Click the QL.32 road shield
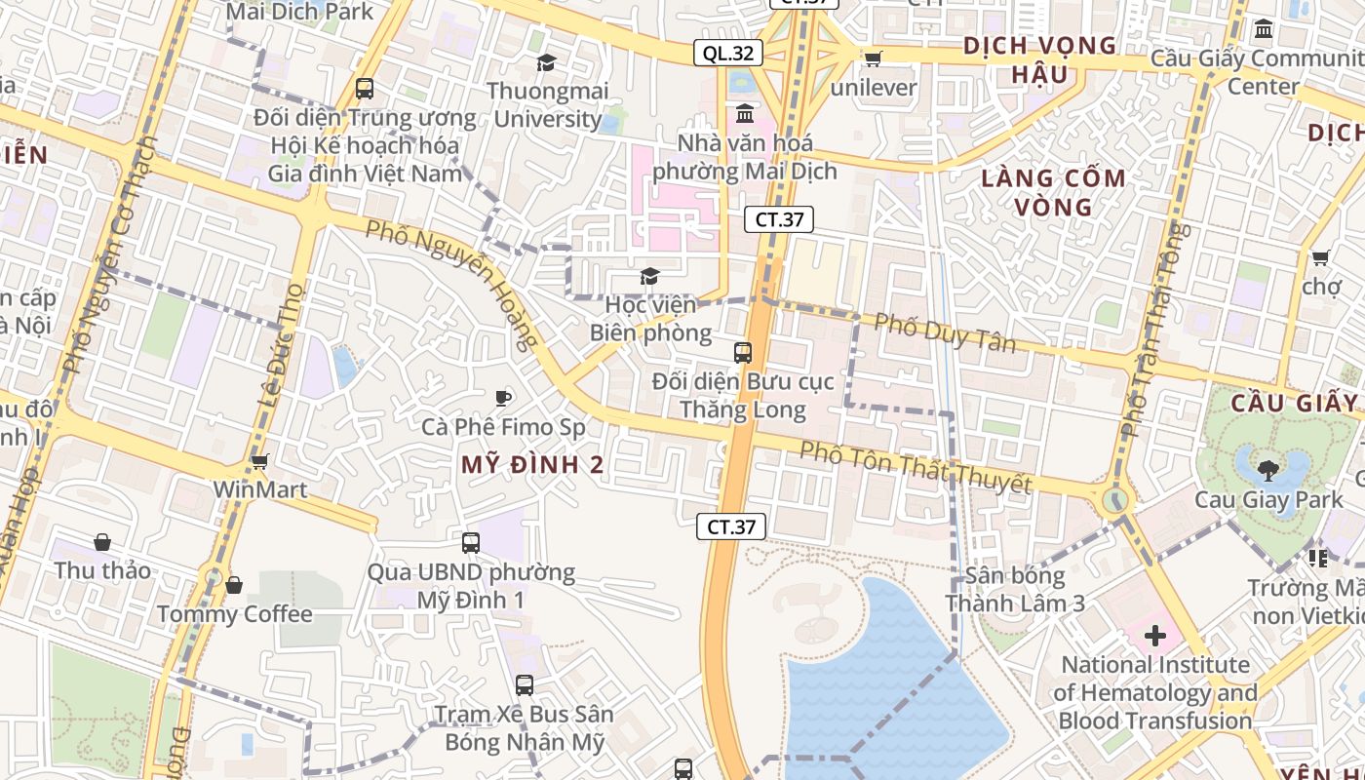[x=728, y=53]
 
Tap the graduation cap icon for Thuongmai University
[x=546, y=63]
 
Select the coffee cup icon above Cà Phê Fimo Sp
[x=503, y=398]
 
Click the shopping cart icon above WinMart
[x=259, y=461]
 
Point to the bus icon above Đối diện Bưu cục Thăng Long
[x=743, y=352]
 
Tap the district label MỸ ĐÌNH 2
[x=532, y=465]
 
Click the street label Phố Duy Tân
[x=945, y=332]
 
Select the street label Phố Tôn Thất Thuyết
[x=916, y=468]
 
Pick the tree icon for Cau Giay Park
[x=1268, y=471]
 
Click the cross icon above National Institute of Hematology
[x=1155, y=637]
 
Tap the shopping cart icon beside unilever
[x=873, y=58]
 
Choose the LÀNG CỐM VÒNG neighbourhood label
[x=1053, y=192]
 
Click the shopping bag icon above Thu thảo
[x=102, y=542]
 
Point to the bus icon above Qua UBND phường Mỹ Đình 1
[x=471, y=543]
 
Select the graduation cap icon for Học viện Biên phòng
[x=649, y=277]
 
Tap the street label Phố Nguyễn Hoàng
[x=452, y=284]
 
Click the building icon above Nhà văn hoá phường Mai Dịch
[x=745, y=114]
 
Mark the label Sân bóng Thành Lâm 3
[x=1014, y=589]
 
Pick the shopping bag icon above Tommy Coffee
[x=234, y=585]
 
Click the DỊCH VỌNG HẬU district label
[x=1039, y=59]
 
